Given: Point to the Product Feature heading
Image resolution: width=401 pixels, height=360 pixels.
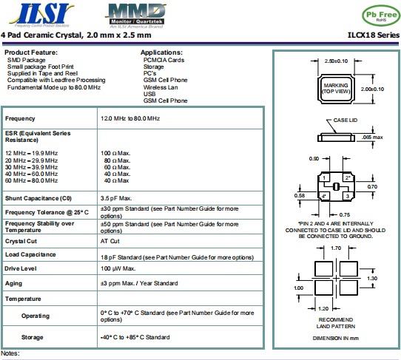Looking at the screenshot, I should click(30, 52).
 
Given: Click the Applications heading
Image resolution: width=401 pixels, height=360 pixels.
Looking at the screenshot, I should click(162, 52).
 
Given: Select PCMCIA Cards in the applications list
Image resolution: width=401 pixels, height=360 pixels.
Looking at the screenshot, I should click(164, 60).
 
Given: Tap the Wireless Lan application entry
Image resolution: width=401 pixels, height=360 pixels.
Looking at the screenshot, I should click(160, 86).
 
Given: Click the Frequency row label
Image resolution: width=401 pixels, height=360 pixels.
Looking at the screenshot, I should click(21, 118).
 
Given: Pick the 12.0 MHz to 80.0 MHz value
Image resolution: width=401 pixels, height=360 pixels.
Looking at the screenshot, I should click(130, 118).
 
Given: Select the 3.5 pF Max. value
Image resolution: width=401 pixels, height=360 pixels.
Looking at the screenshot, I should click(116, 198).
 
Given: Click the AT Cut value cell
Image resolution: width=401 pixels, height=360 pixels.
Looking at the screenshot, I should click(109, 241).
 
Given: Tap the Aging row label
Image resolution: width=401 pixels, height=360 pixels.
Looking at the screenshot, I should click(14, 282).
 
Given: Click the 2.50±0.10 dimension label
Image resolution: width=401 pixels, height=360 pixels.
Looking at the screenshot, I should click(336, 61).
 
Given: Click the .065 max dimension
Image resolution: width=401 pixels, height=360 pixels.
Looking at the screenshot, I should click(372, 137).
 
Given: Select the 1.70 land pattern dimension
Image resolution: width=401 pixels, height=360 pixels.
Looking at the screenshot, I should click(336, 249).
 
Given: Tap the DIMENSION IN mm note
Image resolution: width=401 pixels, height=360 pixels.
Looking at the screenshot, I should click(335, 337).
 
